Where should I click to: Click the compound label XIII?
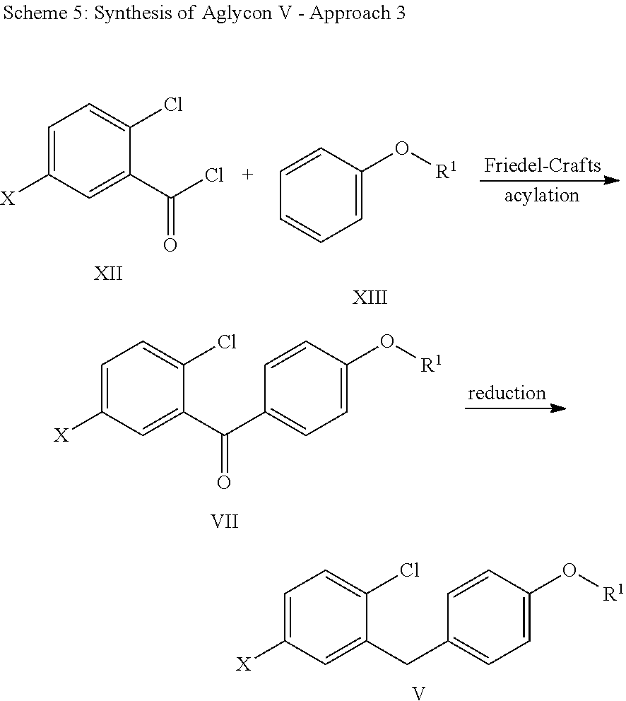point(370,298)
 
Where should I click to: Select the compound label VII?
point(225,522)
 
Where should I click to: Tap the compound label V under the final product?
point(418,693)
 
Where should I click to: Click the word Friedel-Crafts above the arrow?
point(542,166)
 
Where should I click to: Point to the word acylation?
point(541,195)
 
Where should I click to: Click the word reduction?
point(506,393)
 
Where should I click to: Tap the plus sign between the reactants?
point(247,174)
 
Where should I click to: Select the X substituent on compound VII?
point(62,436)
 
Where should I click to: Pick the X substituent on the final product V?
point(244,664)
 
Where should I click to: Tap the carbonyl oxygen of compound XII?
point(170,245)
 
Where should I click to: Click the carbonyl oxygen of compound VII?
point(224,483)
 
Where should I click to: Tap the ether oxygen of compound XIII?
point(402,149)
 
